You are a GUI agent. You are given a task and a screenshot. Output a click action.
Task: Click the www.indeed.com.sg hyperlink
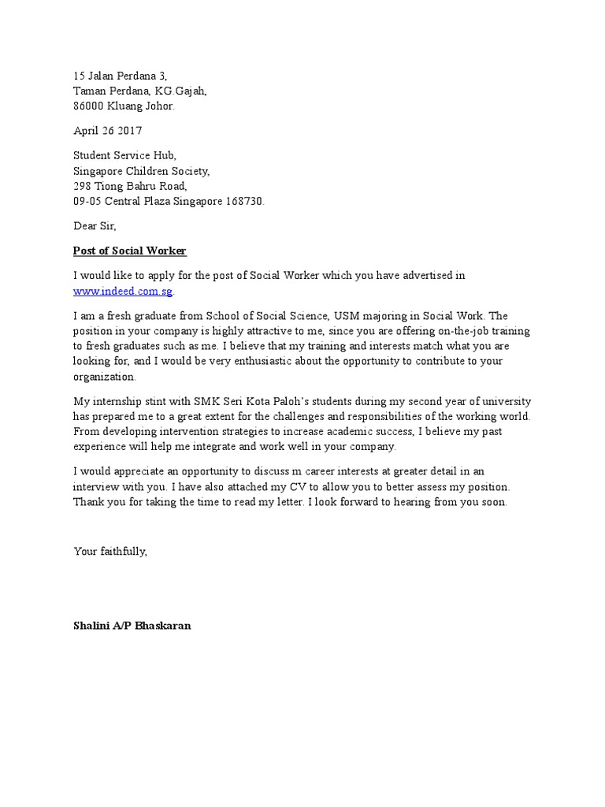tap(123, 291)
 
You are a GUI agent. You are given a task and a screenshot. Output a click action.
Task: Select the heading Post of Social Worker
tap(129, 251)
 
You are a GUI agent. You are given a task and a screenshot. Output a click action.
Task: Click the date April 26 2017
tap(108, 131)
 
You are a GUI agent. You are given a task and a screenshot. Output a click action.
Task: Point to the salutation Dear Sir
tap(95, 226)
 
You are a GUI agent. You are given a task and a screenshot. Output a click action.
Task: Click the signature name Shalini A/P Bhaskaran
tap(132, 626)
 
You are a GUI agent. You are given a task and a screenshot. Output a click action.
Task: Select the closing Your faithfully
tap(110, 552)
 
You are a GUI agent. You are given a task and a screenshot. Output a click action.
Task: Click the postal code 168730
tap(245, 201)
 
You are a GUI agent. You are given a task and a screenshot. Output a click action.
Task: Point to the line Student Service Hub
tap(120, 156)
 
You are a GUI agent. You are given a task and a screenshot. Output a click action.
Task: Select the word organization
tap(104, 376)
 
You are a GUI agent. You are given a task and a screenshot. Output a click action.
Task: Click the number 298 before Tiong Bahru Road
tap(83, 186)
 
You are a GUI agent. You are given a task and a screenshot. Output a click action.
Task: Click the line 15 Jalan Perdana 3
tap(120, 76)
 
